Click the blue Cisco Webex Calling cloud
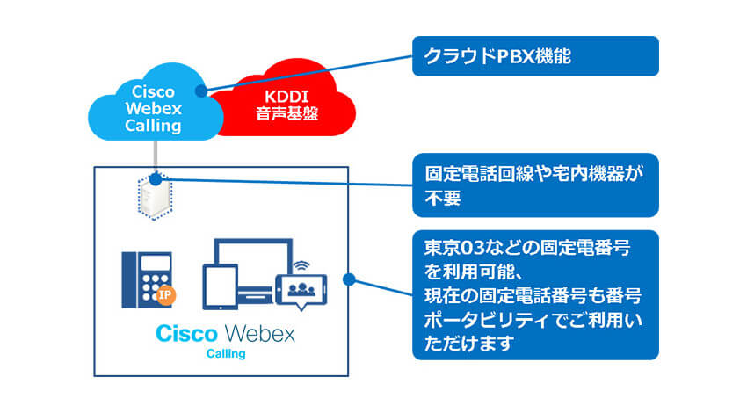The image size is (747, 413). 155,105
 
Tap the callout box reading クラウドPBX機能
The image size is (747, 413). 535,56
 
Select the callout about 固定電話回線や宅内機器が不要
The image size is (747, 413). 535,185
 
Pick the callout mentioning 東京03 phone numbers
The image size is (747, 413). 535,295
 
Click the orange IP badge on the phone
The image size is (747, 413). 165,295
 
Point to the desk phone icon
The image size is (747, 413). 148,280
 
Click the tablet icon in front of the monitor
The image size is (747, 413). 220,286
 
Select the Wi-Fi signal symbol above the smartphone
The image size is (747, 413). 301,265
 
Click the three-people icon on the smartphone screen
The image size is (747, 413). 301,289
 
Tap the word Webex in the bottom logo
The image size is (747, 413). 259,333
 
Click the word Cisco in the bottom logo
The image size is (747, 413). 186,333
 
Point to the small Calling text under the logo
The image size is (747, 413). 226,354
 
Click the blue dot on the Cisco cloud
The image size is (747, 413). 201,91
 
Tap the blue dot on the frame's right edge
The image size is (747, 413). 349,279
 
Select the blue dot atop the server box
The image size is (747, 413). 156,179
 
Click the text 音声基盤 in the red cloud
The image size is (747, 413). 286,114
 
